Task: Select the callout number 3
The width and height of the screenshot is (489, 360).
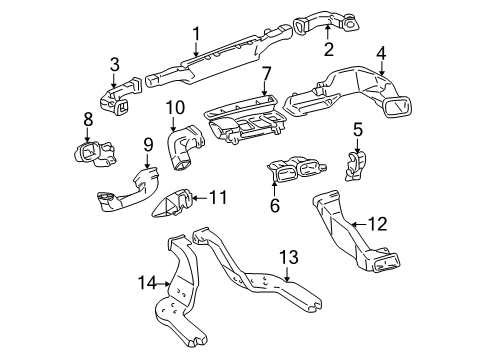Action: [x=114, y=65]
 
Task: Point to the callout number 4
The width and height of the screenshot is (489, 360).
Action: [x=380, y=53]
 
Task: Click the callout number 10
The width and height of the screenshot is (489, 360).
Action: [x=174, y=107]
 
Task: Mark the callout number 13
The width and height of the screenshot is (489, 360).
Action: [x=288, y=257]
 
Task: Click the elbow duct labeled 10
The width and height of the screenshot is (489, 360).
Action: [x=184, y=150]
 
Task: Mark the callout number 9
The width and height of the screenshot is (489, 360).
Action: [x=148, y=144]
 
